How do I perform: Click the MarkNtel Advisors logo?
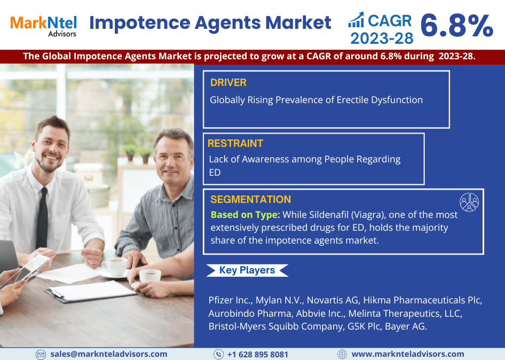click(x=43, y=26)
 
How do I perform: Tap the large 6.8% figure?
click(x=457, y=26)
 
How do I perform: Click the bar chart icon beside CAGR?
click(x=356, y=20)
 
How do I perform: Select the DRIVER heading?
click(x=228, y=82)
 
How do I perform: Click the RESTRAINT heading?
click(x=235, y=143)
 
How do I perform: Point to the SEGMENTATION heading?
click(x=250, y=200)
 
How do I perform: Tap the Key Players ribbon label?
click(x=247, y=270)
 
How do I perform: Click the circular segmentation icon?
click(x=469, y=202)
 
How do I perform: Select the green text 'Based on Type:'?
click(x=246, y=215)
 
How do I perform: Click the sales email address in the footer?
click(x=108, y=354)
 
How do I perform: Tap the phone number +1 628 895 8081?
click(x=258, y=355)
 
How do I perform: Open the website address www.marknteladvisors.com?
click(x=408, y=354)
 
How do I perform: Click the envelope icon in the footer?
click(x=41, y=355)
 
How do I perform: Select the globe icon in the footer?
click(x=342, y=354)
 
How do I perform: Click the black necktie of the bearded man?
click(x=42, y=218)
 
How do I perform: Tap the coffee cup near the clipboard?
click(x=150, y=276)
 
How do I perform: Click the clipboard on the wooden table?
click(x=91, y=292)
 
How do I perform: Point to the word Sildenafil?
click(x=329, y=215)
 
